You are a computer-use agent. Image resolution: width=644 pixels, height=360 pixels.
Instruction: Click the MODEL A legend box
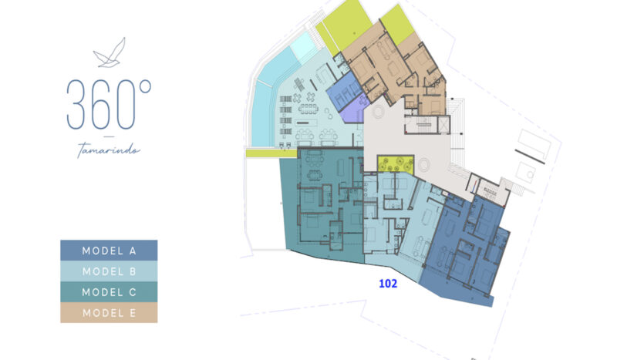(109, 251)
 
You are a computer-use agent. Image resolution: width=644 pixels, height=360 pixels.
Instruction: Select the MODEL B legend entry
(109, 271)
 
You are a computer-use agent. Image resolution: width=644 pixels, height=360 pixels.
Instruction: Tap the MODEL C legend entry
(109, 292)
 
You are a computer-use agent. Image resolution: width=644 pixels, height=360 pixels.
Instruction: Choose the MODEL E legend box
(109, 313)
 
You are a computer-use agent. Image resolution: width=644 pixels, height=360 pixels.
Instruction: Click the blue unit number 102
(388, 284)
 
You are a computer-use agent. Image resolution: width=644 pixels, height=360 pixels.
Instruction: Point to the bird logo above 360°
(110, 53)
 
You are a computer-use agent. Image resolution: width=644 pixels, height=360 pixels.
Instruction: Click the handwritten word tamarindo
(109, 150)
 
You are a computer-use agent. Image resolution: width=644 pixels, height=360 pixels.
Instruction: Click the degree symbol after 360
(146, 86)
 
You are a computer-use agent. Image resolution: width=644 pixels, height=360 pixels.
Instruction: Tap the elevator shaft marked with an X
(444, 125)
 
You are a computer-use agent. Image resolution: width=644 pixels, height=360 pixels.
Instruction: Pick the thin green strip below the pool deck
(271, 153)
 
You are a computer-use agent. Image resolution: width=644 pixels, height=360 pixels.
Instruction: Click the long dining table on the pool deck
(308, 109)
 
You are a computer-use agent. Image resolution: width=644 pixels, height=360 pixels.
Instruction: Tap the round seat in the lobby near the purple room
(378, 111)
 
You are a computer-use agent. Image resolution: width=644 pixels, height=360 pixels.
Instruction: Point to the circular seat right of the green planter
(423, 166)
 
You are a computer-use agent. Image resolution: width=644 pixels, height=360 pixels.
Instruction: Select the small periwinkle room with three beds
(344, 91)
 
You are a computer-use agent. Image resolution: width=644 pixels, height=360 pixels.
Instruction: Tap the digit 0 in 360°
(126, 105)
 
